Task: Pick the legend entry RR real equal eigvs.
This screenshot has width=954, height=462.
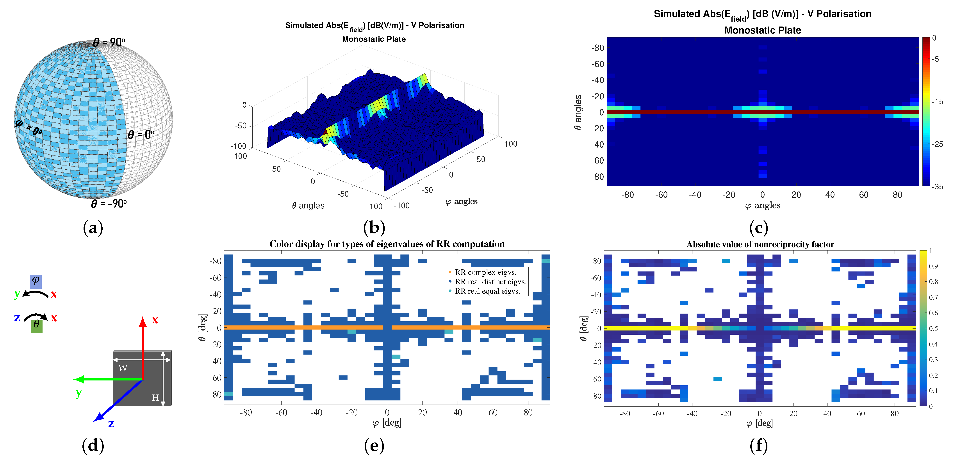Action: click(487, 291)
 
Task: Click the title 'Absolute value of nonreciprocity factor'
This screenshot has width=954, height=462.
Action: click(760, 244)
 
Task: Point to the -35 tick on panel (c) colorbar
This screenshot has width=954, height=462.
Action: click(937, 187)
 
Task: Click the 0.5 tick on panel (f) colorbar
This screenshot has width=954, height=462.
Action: click(933, 328)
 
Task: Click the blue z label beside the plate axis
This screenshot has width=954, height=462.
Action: click(111, 423)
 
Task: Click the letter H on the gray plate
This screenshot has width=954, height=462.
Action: click(155, 398)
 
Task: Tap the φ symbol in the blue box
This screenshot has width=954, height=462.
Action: click(36, 281)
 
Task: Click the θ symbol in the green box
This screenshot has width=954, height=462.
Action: click(36, 325)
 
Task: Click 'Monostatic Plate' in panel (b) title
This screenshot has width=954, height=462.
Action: click(374, 39)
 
